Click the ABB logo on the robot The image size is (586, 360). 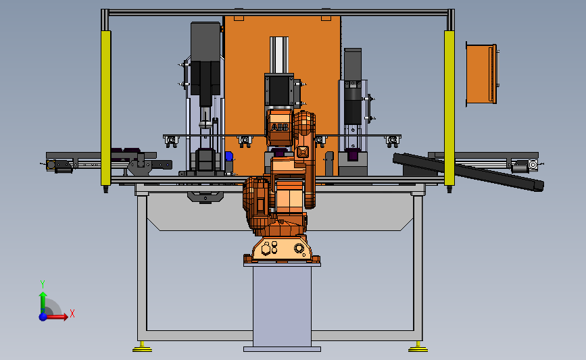pos(280,128)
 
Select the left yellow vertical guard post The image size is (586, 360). pos(105,108)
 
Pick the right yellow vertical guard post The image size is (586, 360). pos(449,108)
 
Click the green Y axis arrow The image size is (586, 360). pos(43,303)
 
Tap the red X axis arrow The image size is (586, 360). pos(56,317)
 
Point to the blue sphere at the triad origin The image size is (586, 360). pos(43,317)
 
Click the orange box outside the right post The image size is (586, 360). pos(481,74)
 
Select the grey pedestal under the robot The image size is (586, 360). pos(282,306)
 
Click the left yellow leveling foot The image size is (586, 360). pos(142,348)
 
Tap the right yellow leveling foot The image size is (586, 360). pos(418,348)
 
